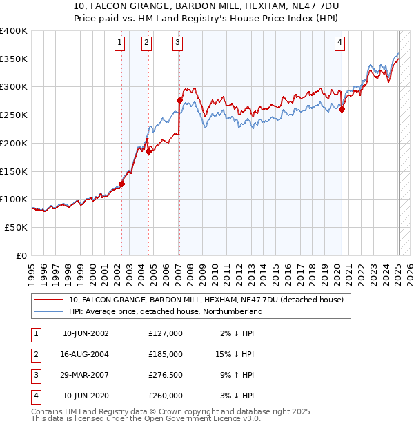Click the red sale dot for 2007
[179, 101]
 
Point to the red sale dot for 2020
[342, 108]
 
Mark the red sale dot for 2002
[122, 184]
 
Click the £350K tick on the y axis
[13, 59]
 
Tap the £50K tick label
[16, 227]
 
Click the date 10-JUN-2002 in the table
[86, 333]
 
